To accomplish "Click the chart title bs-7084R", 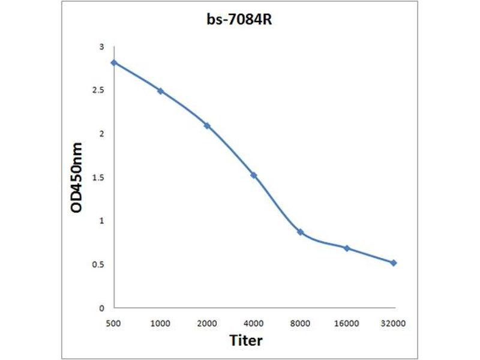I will point(240,20).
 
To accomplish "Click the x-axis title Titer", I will point(246,341).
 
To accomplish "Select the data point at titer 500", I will point(114,62).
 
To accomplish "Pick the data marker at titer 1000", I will point(160,91).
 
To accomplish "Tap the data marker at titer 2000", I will point(207,125).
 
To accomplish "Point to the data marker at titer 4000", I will point(254,175).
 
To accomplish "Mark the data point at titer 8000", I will point(300,232).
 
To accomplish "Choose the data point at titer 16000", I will point(347,248).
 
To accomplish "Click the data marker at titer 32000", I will point(394,263).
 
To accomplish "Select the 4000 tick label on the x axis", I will point(254,323).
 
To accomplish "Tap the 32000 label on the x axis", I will point(394,323).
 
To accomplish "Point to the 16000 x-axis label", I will point(347,323).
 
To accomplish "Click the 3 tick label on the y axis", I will point(101,47).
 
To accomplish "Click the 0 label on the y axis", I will point(101,308).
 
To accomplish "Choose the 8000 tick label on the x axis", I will point(300,323).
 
